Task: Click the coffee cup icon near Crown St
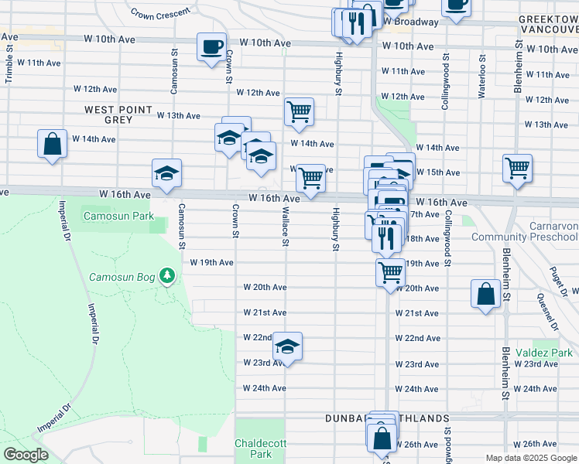[x=211, y=47]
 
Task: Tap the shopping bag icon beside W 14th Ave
[x=52, y=144]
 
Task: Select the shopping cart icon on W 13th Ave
[x=299, y=112]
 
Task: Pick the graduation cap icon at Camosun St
[x=166, y=174]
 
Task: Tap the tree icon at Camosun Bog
[x=166, y=275]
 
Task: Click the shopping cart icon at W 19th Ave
[x=391, y=272]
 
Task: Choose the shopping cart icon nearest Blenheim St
[x=517, y=168]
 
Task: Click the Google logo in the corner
[x=26, y=455]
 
